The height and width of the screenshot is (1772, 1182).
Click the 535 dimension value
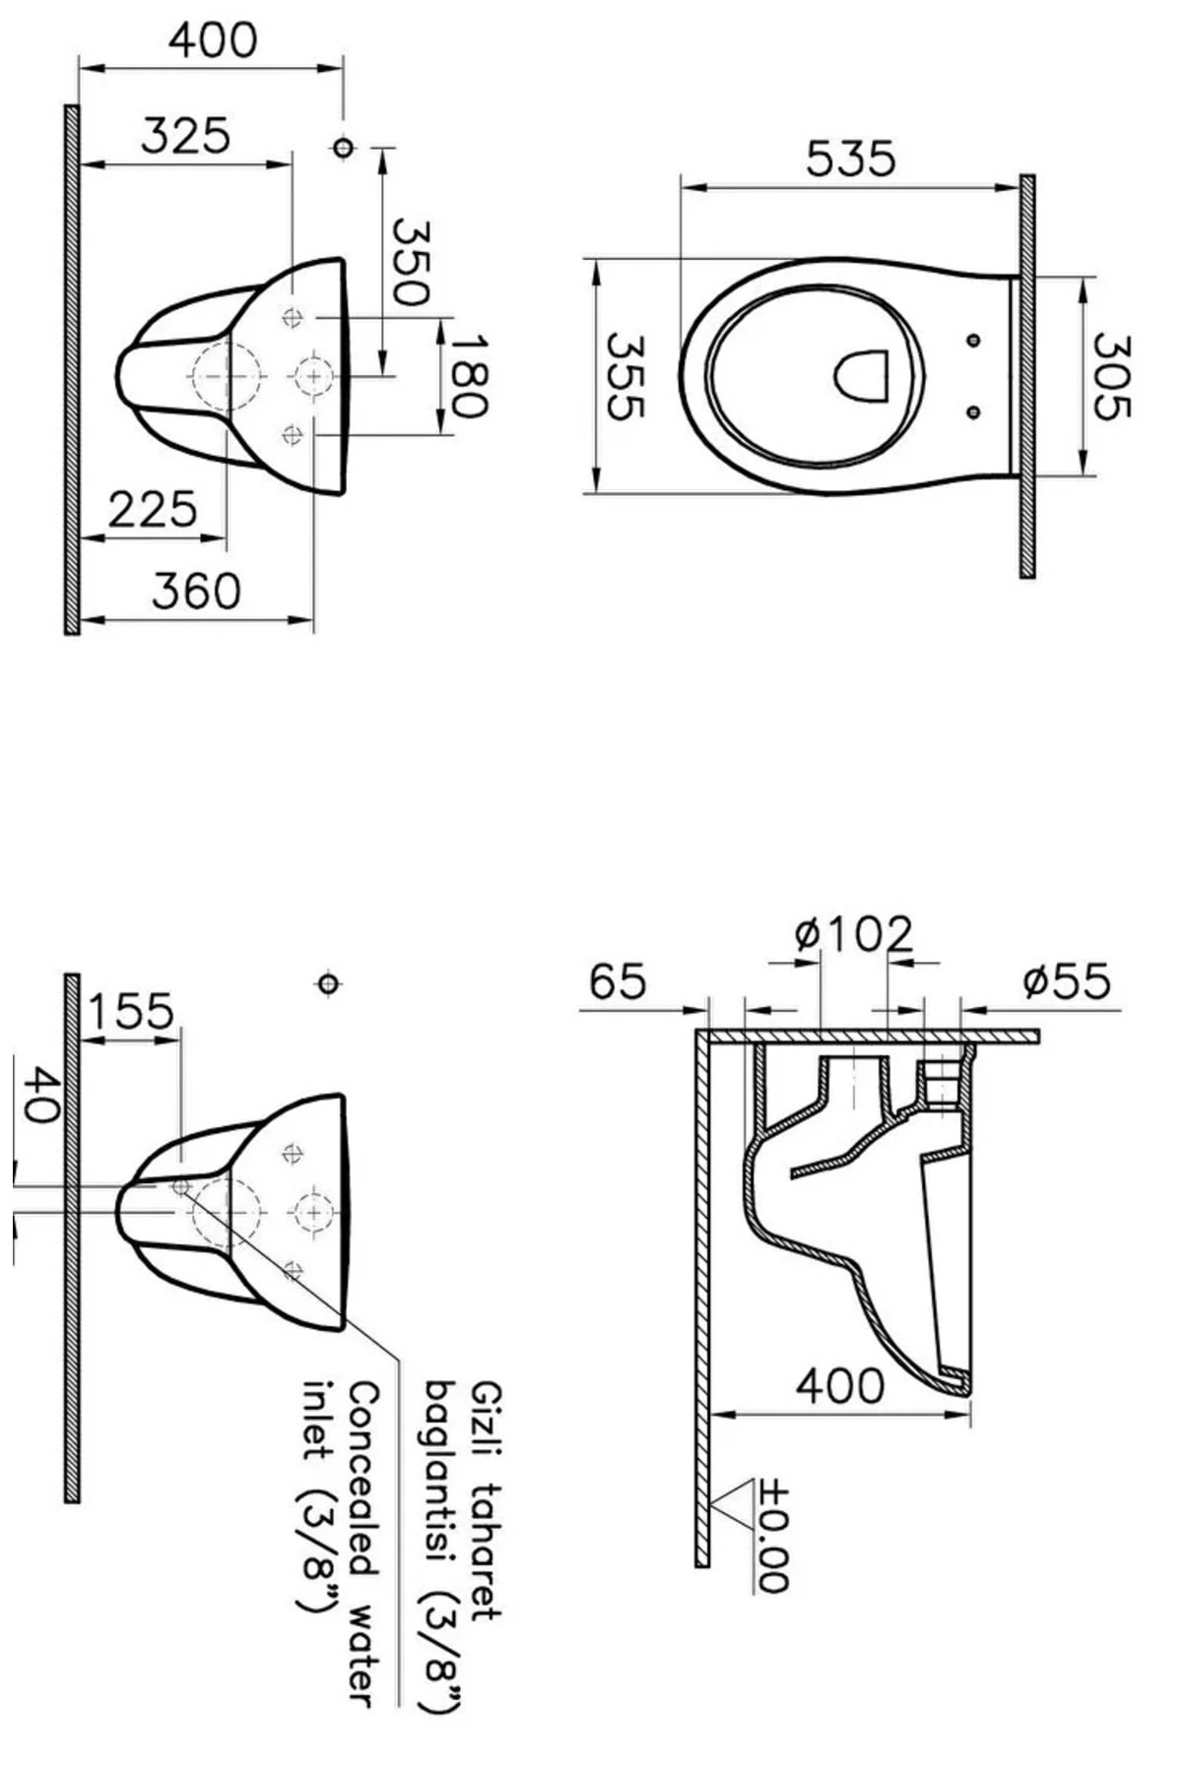pyautogui.click(x=850, y=158)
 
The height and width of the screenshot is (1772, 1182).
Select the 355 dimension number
pyautogui.click(x=624, y=377)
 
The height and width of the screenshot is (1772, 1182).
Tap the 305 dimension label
pyautogui.click(x=1111, y=377)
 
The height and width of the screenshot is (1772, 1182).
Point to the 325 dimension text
pyautogui.click(x=185, y=136)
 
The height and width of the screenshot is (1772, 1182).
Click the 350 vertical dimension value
pyautogui.click(x=410, y=262)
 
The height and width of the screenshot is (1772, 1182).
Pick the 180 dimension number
pyautogui.click(x=469, y=376)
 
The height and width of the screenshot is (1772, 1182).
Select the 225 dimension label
pyautogui.click(x=153, y=510)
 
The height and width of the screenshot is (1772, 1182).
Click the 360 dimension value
pyautogui.click(x=196, y=592)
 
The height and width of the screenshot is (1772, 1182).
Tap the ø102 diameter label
pyautogui.click(x=854, y=933)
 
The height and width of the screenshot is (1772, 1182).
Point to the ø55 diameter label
pyautogui.click(x=1066, y=981)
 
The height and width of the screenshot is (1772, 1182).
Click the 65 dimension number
pyautogui.click(x=618, y=981)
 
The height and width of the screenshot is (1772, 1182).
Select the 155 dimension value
pyautogui.click(x=130, y=1011)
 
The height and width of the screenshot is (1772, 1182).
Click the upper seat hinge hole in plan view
pyautogui.click(x=973, y=341)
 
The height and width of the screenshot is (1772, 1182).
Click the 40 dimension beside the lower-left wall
pyautogui.click(x=39, y=1094)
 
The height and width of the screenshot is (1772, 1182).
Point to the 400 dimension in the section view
pyautogui.click(x=839, y=1386)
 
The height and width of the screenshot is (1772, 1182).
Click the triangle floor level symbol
pyautogui.click(x=734, y=1502)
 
